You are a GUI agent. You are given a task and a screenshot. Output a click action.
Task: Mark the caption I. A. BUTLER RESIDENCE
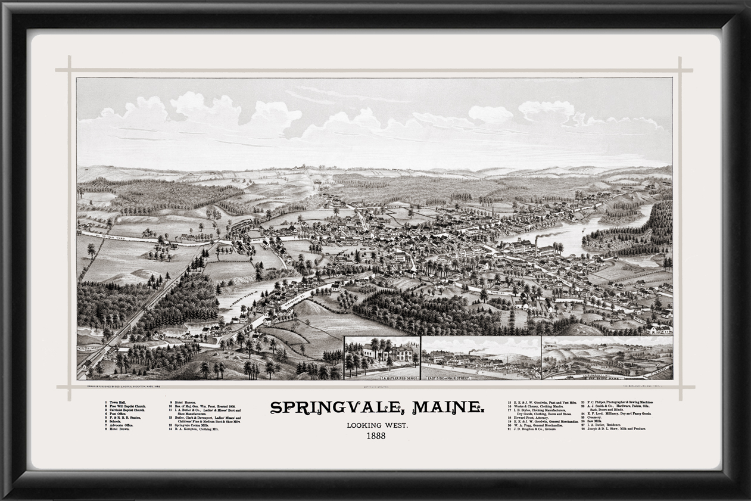383,376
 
